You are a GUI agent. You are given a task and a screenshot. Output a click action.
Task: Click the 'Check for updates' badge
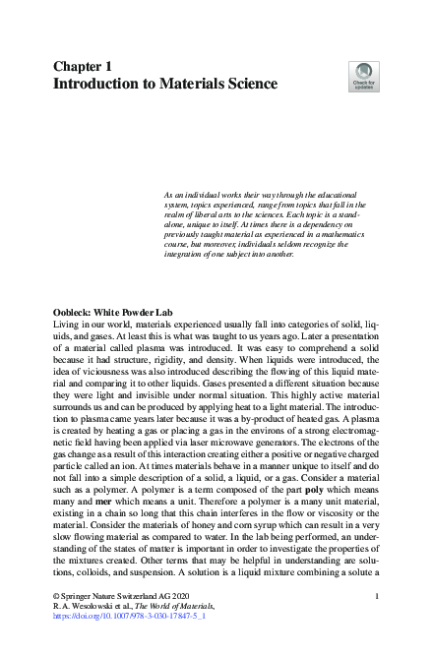[x=363, y=76]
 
